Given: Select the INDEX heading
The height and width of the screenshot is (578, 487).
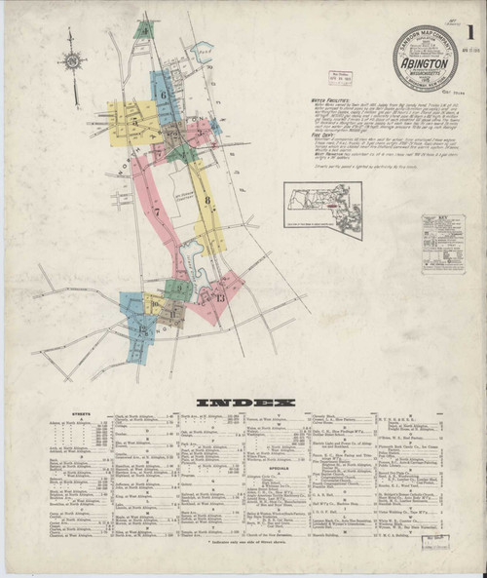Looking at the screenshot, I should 243,402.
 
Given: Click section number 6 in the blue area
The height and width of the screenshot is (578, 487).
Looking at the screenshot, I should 164,95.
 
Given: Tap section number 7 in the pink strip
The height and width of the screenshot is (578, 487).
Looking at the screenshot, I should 155,211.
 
